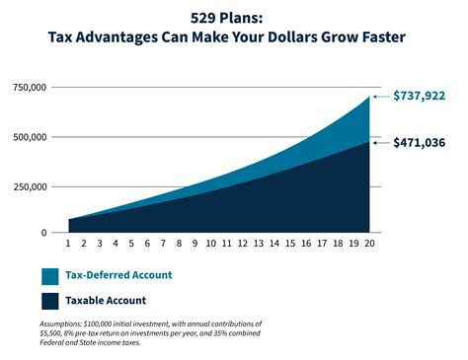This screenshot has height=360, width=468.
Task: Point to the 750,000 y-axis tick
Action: [x=28, y=88]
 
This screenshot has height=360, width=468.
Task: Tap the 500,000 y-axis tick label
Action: [x=28, y=136]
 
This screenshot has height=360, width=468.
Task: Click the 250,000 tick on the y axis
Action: [x=28, y=184]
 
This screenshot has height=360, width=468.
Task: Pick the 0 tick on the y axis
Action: [x=42, y=233]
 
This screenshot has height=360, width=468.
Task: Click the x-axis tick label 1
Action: [x=68, y=243]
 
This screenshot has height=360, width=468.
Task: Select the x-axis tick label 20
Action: [x=368, y=243]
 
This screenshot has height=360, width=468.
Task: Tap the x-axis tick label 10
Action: [x=210, y=243]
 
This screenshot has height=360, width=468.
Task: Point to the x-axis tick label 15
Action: [x=289, y=243]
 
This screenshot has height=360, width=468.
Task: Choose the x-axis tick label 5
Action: [x=131, y=243]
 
